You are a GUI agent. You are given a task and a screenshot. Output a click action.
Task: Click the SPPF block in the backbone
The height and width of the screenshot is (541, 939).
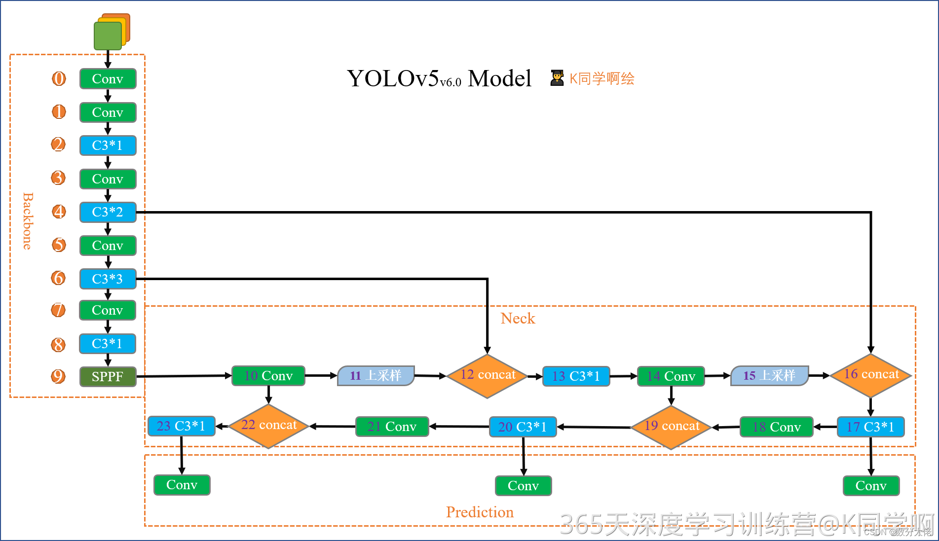[x=108, y=377]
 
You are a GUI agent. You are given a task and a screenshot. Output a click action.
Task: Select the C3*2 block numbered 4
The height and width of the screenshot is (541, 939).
[x=108, y=212]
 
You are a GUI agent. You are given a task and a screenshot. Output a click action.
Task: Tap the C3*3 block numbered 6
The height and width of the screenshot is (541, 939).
[x=108, y=279]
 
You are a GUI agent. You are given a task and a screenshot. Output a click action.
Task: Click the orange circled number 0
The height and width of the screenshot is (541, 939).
[x=59, y=78]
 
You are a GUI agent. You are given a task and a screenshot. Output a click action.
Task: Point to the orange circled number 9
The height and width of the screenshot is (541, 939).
[x=58, y=376]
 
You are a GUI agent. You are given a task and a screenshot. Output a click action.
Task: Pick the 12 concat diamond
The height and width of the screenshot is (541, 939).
[x=487, y=376]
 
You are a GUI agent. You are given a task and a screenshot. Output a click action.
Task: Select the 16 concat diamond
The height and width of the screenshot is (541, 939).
[x=871, y=375]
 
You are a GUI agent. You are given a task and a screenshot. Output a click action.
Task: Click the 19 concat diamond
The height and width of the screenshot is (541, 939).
[x=671, y=427]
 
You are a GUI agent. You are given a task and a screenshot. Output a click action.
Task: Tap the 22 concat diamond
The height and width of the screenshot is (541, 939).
[x=268, y=426]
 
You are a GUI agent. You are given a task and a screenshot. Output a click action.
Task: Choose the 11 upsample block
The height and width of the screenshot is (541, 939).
[x=376, y=376]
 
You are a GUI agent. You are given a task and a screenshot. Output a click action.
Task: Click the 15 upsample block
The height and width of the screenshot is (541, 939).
[x=769, y=376]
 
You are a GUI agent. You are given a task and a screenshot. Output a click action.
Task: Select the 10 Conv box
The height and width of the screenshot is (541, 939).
[x=268, y=376]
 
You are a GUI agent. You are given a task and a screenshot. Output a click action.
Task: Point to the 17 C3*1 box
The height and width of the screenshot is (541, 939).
[x=870, y=427]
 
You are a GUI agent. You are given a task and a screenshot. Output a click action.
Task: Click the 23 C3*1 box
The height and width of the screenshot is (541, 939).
[x=181, y=426]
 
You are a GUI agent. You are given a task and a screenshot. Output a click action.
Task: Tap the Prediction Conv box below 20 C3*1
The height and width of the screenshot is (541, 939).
[x=523, y=486]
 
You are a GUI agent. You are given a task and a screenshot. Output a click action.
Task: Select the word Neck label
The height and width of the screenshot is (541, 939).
[x=517, y=319]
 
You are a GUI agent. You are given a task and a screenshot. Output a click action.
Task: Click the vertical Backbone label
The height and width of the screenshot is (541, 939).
[x=28, y=221]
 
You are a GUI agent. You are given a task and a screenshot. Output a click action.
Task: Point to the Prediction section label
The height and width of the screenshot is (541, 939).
[x=480, y=512]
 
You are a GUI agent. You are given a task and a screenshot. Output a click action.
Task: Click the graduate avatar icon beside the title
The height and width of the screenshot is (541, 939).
[x=557, y=78]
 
